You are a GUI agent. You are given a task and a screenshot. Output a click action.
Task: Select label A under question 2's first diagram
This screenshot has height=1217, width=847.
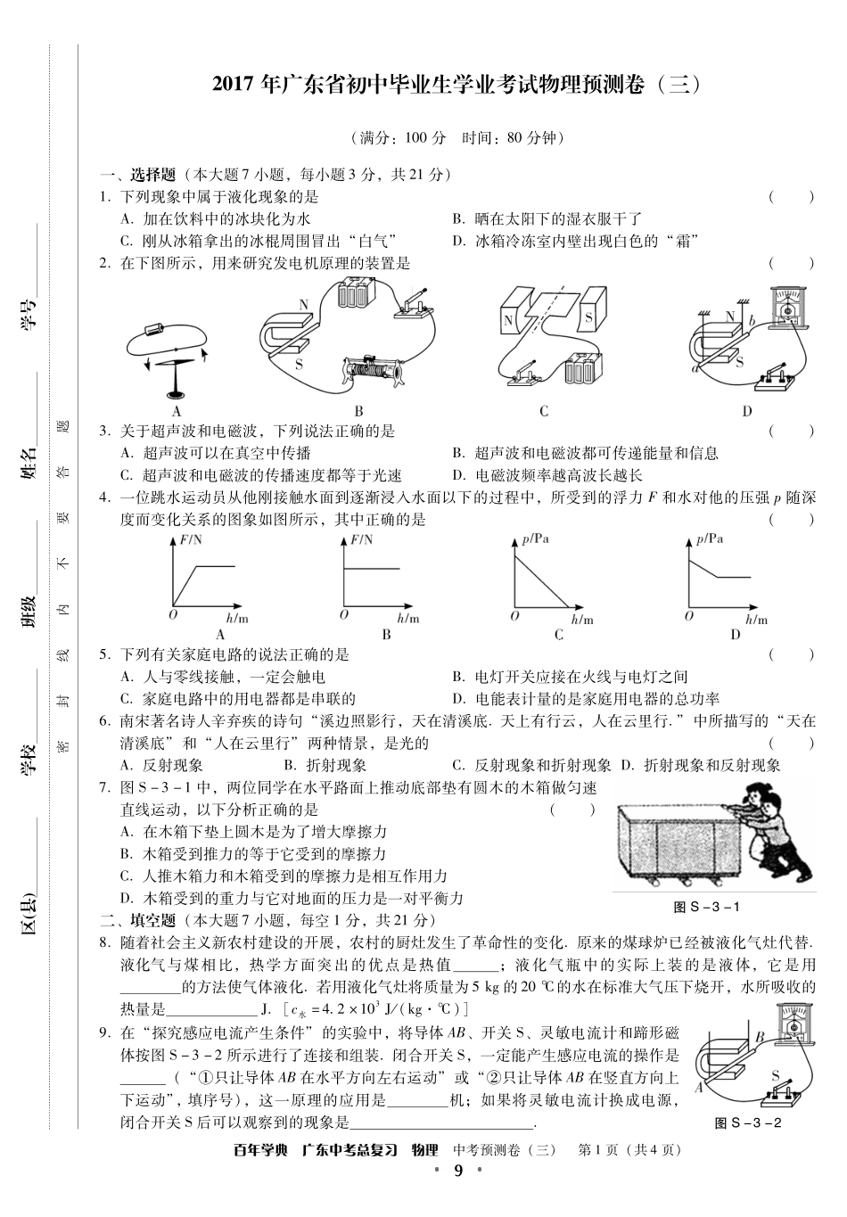176,411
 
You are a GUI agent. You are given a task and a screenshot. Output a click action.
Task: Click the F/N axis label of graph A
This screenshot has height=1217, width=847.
192,539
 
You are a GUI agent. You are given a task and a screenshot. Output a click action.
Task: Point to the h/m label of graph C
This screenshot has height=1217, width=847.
582,620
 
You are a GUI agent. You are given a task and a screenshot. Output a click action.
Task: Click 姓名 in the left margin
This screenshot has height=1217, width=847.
30,464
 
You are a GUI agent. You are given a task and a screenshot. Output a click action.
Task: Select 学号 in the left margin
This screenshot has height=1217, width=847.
30,315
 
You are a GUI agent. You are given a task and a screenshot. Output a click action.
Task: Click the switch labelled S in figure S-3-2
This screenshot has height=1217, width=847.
777,1090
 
